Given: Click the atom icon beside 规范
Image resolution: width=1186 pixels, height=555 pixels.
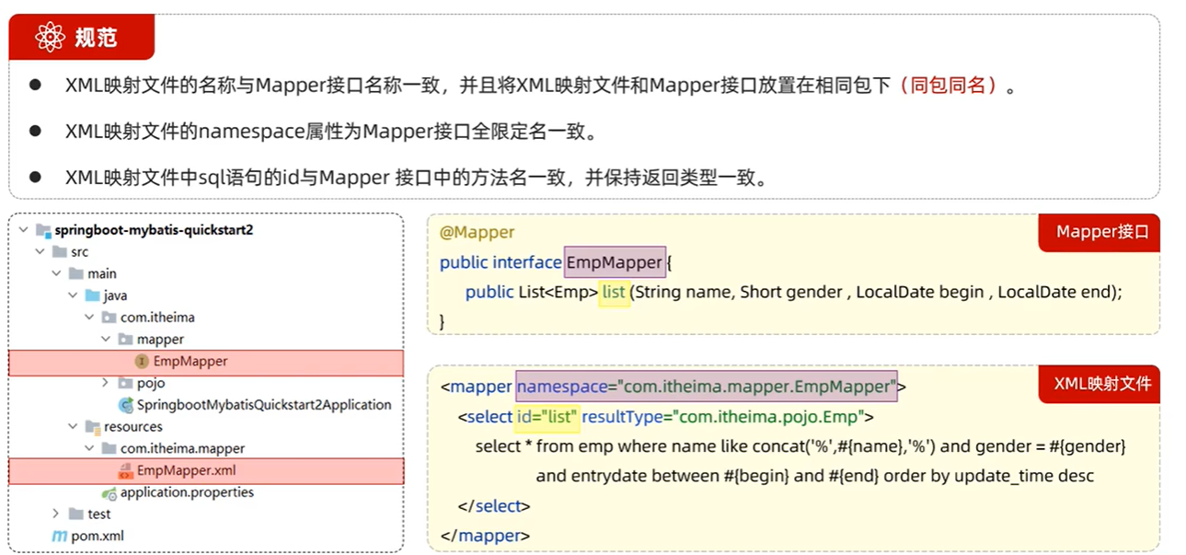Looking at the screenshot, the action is [x=50, y=37].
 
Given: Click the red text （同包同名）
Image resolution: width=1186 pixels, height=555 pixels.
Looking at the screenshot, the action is [x=950, y=86].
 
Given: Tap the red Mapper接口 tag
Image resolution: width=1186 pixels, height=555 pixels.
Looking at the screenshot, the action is [x=1102, y=232].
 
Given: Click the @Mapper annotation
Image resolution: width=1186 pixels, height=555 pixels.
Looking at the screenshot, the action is [x=477, y=232].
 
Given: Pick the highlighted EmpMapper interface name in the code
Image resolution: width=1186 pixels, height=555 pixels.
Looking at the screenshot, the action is [x=614, y=262].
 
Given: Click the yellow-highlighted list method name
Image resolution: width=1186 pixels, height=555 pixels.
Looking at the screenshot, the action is [x=614, y=292].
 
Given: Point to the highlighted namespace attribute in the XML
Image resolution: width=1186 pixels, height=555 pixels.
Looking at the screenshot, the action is [x=706, y=386].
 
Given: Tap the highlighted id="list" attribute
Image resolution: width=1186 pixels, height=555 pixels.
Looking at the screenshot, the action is [x=547, y=417].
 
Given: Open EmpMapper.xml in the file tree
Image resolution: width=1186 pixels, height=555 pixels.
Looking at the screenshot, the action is [x=187, y=470].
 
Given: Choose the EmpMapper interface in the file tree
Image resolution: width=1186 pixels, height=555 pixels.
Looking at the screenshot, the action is [x=190, y=362].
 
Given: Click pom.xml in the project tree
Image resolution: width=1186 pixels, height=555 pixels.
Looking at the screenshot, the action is [x=97, y=536].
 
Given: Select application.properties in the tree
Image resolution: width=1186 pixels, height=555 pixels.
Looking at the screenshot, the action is [x=187, y=492].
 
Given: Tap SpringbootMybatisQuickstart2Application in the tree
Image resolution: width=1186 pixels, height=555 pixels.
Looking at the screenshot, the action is [x=264, y=405].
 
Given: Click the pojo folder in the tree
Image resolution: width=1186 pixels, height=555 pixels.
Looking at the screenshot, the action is [x=151, y=383].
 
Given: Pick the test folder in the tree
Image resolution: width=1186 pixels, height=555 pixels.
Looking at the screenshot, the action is [x=98, y=514].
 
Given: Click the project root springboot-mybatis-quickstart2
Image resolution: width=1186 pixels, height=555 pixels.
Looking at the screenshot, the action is [x=153, y=230].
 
